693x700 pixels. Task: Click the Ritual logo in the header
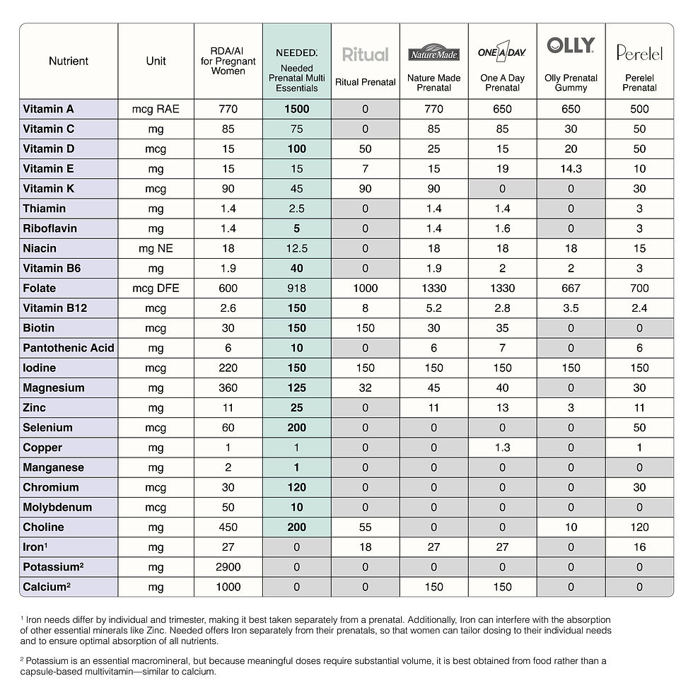click(x=365, y=54)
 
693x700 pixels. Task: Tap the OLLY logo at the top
click(x=571, y=46)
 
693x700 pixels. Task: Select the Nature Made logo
click(x=433, y=54)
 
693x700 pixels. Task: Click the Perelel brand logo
click(x=639, y=52)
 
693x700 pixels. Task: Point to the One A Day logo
click(x=502, y=52)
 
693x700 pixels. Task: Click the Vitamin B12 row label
click(x=55, y=308)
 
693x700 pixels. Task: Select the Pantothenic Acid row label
click(x=69, y=348)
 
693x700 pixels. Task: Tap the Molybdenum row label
click(x=57, y=507)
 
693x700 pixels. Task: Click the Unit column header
click(x=156, y=61)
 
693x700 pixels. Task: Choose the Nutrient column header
click(x=69, y=61)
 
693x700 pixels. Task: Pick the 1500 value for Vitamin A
click(x=296, y=109)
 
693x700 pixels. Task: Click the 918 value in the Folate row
click(x=296, y=288)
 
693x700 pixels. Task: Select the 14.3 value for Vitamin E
click(x=571, y=169)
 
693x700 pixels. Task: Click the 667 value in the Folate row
click(x=571, y=288)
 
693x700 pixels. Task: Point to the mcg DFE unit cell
click(x=156, y=288)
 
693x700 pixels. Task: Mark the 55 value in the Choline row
click(x=365, y=527)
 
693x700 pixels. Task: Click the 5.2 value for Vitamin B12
click(x=433, y=308)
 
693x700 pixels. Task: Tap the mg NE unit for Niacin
click(x=156, y=248)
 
